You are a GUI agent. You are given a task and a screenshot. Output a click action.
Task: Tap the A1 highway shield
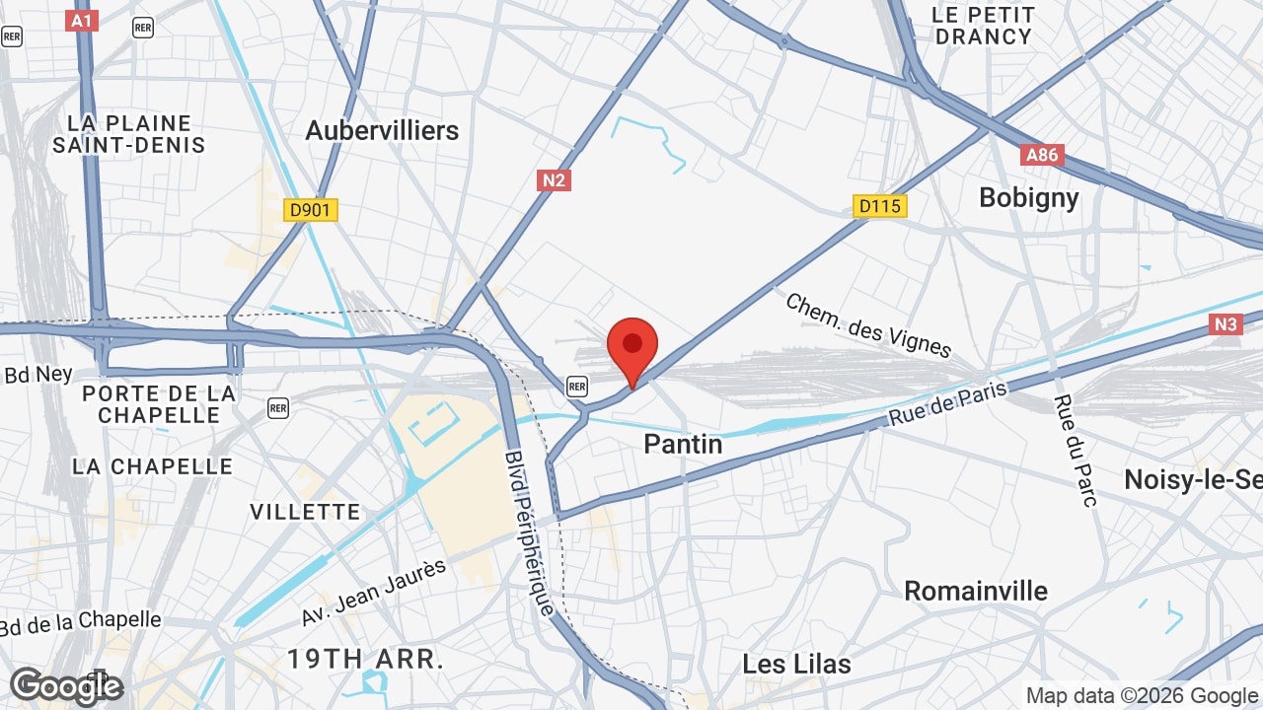point(83,20)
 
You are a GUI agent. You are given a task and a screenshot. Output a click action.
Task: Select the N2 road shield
point(554,180)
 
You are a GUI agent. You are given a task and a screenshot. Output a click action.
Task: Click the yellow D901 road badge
point(311,210)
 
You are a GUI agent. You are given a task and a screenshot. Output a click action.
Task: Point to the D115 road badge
point(879,206)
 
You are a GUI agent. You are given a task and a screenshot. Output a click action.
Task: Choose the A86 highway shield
point(1041,155)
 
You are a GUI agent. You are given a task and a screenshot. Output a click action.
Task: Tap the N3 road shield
point(1226,324)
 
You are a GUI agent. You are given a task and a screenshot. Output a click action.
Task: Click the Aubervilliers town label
point(382,130)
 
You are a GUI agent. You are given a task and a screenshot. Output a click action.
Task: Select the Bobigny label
point(1028,197)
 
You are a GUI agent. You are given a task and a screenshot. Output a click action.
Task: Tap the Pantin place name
point(683,445)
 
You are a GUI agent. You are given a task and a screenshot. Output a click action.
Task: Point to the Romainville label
point(976,591)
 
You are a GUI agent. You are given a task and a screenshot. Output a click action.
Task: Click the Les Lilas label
point(796,664)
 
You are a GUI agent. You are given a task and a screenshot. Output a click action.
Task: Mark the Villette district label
point(305,512)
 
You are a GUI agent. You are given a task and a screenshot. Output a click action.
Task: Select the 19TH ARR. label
point(364,658)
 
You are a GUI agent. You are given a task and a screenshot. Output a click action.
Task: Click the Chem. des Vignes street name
point(868,324)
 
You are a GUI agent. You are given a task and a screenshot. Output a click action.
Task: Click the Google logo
point(66,686)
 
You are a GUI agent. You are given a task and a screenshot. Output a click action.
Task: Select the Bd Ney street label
point(38,375)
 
